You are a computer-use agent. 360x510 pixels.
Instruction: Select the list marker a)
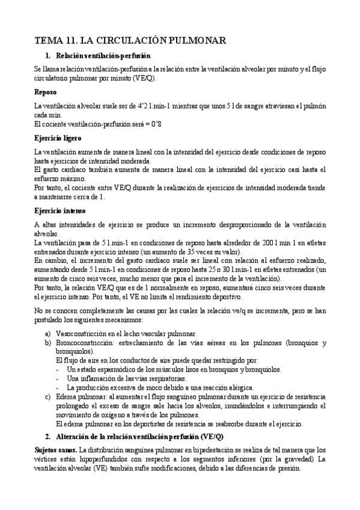(x=48, y=333)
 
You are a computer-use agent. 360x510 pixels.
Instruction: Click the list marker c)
(x=48, y=398)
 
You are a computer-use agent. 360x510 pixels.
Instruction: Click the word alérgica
(x=239, y=388)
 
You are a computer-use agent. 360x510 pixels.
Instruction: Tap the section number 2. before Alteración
(x=48, y=436)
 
